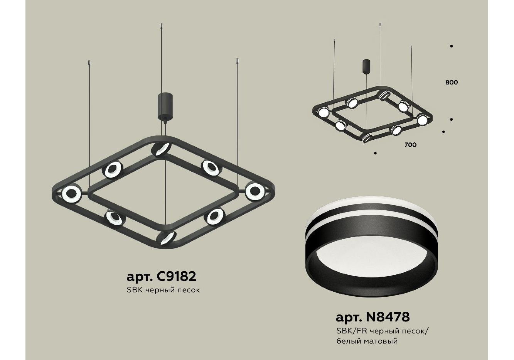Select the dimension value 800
452,82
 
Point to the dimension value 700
411,145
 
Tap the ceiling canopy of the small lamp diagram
366,66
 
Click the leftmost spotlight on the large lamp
72,194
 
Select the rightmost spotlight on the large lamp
255,191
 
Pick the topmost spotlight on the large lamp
161,149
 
